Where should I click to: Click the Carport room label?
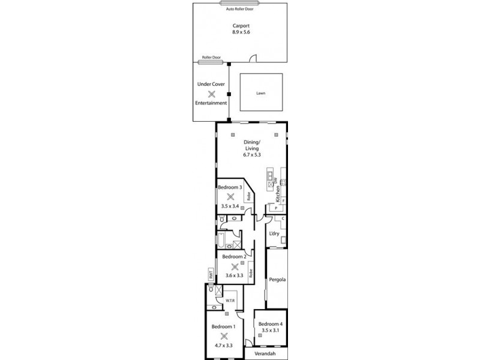(x=241, y=26)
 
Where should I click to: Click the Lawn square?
(x=260, y=92)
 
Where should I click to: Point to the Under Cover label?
(x=211, y=84)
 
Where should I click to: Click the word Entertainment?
(x=211, y=103)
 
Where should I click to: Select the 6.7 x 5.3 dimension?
(x=252, y=155)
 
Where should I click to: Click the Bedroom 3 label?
(x=230, y=187)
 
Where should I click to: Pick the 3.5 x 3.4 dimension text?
(x=230, y=206)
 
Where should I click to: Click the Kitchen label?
(x=278, y=194)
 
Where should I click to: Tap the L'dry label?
(x=274, y=233)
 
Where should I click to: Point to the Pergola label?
(x=277, y=280)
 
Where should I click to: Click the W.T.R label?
(x=230, y=300)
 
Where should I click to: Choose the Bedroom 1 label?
(x=224, y=326)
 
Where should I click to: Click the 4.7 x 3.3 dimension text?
(x=224, y=346)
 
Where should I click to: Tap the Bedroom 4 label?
(x=270, y=324)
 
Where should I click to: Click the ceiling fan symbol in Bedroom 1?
(x=224, y=336)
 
